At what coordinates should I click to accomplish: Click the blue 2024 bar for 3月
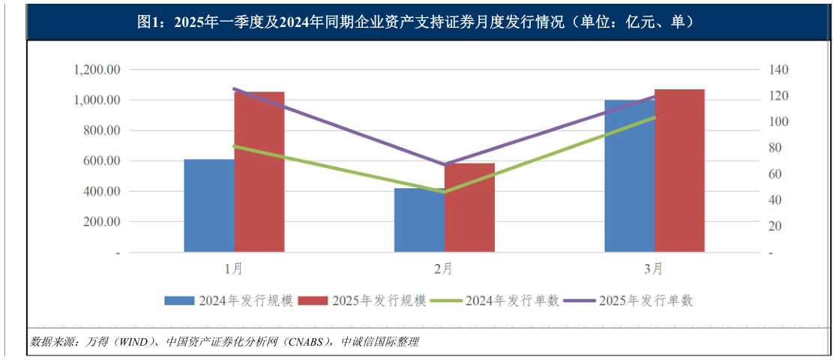pyautogui.click(x=629, y=175)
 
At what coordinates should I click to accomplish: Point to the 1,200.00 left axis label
pyautogui.click(x=97, y=70)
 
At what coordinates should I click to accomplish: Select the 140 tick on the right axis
pyautogui.click(x=779, y=70)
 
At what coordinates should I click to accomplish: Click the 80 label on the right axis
pyautogui.click(x=776, y=148)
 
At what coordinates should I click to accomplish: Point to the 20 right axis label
pyautogui.click(x=776, y=226)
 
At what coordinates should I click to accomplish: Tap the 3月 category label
pyautogui.click(x=654, y=268)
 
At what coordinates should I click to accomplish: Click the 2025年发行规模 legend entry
pyautogui.click(x=364, y=301)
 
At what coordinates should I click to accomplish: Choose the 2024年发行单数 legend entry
pyautogui.click(x=498, y=301)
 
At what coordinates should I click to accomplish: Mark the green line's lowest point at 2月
pyautogui.click(x=444, y=192)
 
